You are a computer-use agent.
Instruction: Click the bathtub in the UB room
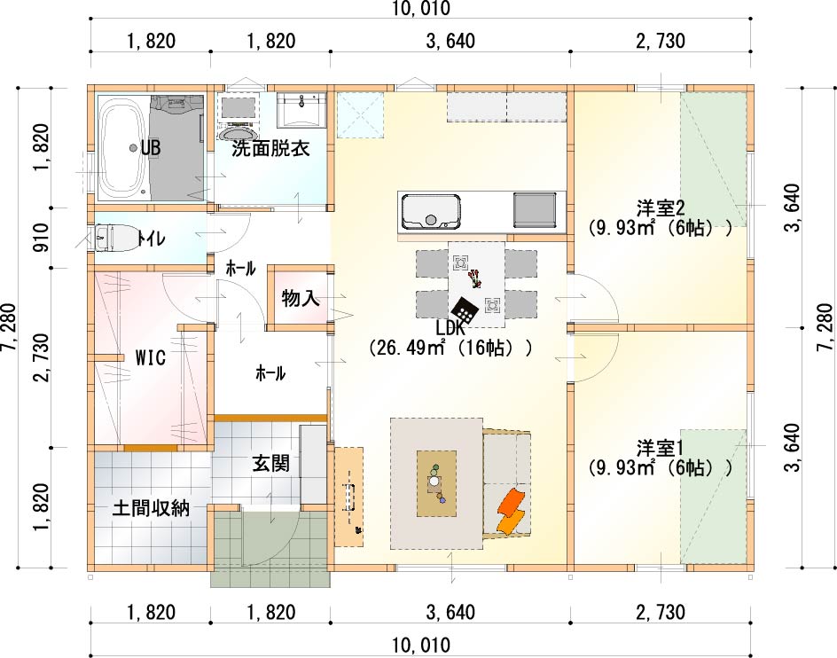pos(122,148)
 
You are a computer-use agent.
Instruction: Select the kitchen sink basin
pos(431,212)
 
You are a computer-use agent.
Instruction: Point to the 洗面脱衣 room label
pos(270,148)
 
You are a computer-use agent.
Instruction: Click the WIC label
pos(151,357)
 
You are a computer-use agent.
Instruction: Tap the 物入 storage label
pos(301,298)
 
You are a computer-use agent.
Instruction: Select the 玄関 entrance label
pos(271,463)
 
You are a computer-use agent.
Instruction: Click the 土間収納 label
pos(151,508)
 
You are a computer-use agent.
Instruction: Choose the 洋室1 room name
pos(661,448)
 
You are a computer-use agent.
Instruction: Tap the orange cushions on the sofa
pos(512,511)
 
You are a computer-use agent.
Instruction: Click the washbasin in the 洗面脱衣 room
pos(301,110)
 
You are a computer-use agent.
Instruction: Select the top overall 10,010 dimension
pos(421,8)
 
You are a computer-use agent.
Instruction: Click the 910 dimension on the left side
pos(41,237)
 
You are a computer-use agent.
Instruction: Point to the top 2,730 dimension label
pos(661,41)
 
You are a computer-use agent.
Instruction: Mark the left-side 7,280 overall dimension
pos(9,327)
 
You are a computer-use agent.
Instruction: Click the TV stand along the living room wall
pos(349,497)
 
